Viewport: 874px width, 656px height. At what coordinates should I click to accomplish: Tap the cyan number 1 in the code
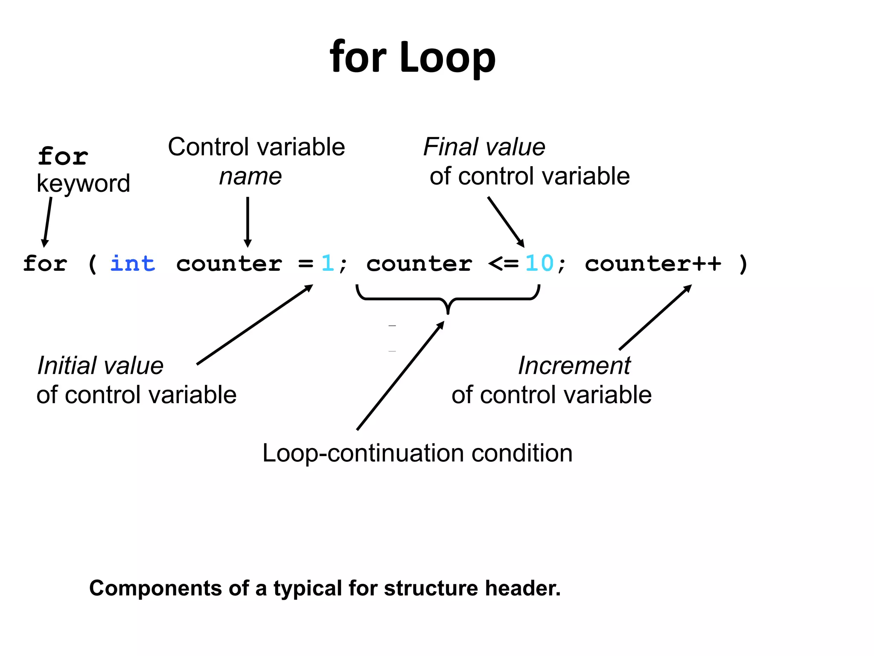click(x=327, y=263)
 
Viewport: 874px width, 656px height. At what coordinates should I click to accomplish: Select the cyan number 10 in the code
click(x=539, y=263)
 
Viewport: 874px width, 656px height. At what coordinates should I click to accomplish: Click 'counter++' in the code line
click(x=653, y=264)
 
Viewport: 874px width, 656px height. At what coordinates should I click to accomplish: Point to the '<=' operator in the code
click(x=503, y=264)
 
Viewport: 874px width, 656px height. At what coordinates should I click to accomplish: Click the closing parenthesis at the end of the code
click(x=743, y=264)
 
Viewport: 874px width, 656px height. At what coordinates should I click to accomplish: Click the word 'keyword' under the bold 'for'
click(x=83, y=184)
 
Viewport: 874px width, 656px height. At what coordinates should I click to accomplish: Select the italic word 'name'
click(x=251, y=176)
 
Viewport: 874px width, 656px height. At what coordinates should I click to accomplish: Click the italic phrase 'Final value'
click(x=484, y=147)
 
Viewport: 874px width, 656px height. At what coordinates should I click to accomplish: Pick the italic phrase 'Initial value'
click(x=100, y=366)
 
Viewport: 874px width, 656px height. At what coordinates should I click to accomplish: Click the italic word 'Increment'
click(x=574, y=366)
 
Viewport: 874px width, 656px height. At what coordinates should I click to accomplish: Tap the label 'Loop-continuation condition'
click(x=417, y=453)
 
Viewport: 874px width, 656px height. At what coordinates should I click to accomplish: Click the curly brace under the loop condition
click(x=448, y=299)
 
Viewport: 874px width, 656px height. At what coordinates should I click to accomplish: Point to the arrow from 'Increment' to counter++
click(x=655, y=317)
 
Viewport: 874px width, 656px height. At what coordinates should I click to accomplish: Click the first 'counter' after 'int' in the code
click(x=229, y=264)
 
